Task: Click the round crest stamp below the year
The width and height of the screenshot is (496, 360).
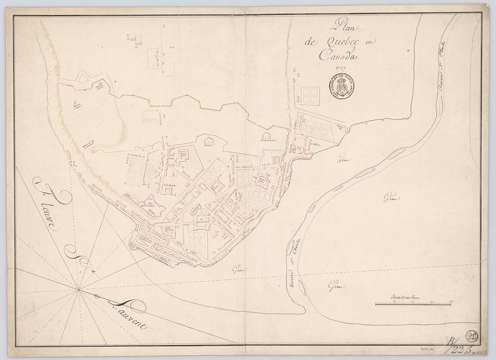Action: point(341,87)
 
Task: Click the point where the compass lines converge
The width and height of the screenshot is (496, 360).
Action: point(78,289)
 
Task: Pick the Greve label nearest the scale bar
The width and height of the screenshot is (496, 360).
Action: point(335,286)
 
